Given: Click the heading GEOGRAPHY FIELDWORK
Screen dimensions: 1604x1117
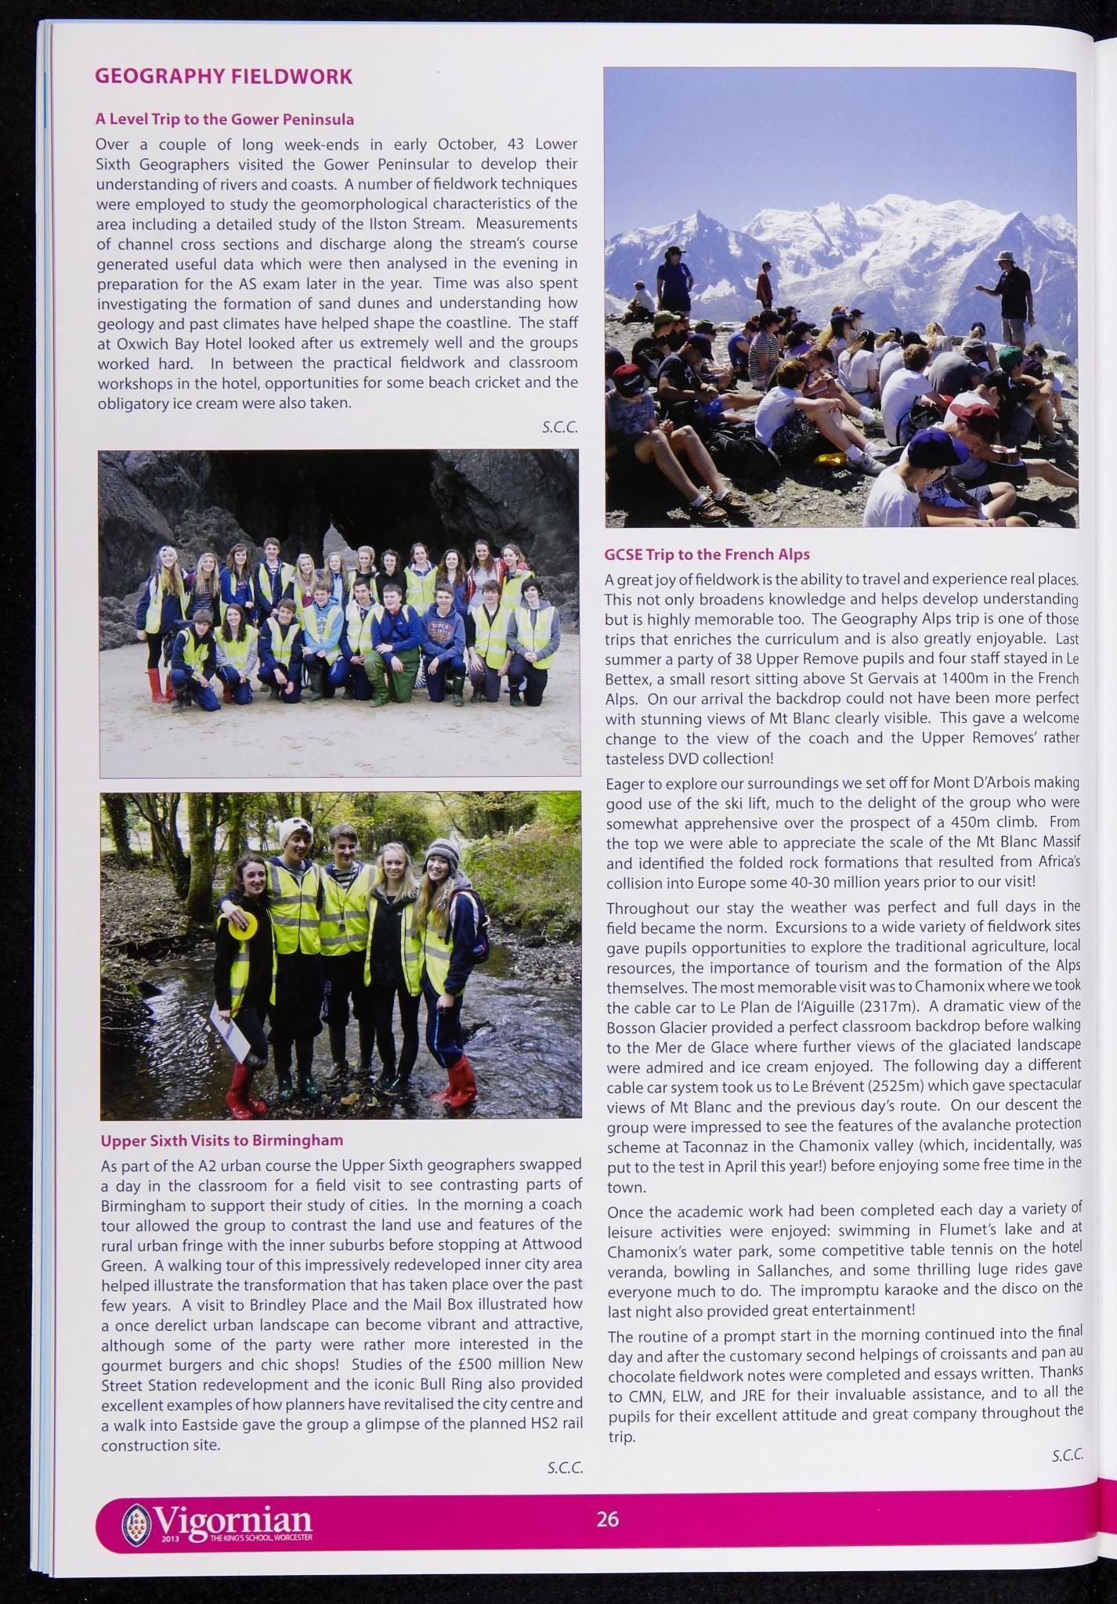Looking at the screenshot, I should pyautogui.click(x=223, y=76).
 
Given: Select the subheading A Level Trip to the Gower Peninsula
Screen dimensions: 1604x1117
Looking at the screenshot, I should pyautogui.click(x=225, y=119).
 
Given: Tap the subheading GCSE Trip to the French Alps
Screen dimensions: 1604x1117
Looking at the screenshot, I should pyautogui.click(x=707, y=554).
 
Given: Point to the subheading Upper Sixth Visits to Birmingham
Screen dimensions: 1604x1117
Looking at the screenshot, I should pyautogui.click(x=222, y=1140).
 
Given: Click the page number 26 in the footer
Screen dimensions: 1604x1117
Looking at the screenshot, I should pyautogui.click(x=607, y=1519).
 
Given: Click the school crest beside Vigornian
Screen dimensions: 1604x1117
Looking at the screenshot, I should pyautogui.click(x=134, y=1523).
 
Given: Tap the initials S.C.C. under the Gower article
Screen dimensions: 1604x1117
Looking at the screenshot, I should pyautogui.click(x=559, y=428).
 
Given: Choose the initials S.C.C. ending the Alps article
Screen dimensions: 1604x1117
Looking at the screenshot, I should pyautogui.click(x=1067, y=1455).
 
